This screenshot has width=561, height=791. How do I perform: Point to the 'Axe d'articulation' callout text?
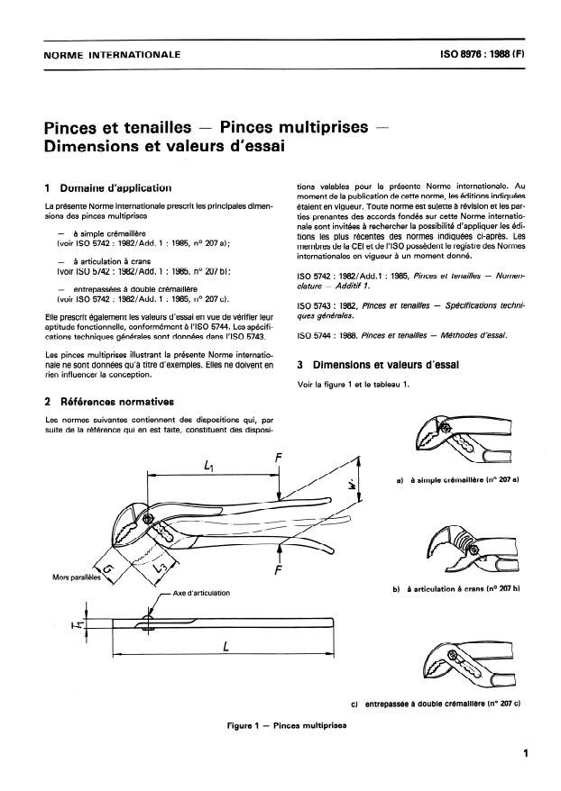click(x=200, y=593)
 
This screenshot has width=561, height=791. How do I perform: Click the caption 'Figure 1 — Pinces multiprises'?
click(x=276, y=723)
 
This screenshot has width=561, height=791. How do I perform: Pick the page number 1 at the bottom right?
click(x=524, y=755)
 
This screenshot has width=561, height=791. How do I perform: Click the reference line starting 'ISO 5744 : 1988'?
click(x=402, y=336)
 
